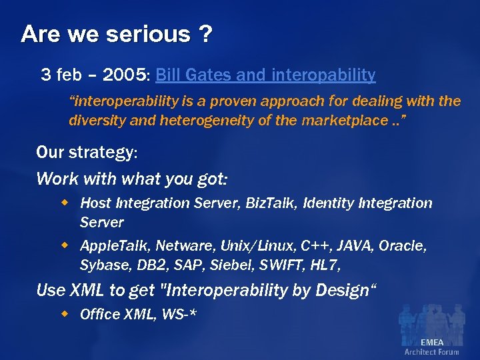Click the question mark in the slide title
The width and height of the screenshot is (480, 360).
[x=205, y=33]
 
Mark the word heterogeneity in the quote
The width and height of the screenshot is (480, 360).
[x=197, y=120]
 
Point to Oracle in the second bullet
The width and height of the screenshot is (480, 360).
[x=402, y=246]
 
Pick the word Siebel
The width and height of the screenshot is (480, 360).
[x=227, y=265]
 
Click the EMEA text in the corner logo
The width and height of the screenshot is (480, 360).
[x=431, y=343]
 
